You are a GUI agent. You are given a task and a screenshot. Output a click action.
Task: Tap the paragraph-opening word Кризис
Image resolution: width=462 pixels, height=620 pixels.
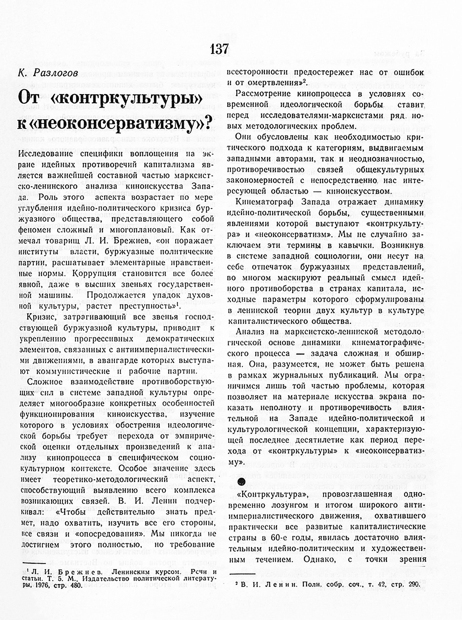coord(41,317)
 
